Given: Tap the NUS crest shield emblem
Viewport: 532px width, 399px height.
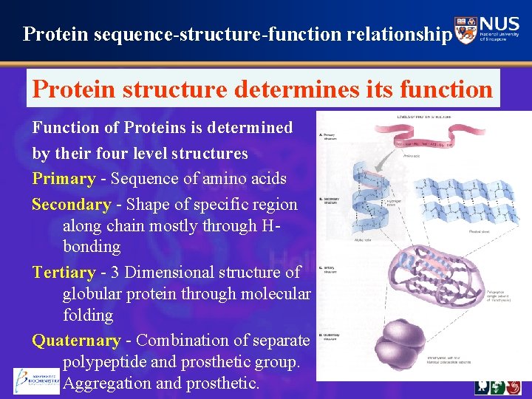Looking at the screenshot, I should (x=466, y=31).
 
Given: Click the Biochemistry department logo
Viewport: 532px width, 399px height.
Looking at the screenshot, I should (x=36, y=380).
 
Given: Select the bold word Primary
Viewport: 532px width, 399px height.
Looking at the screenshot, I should (x=64, y=179).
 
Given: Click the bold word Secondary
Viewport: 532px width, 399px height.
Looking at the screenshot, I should (x=71, y=205).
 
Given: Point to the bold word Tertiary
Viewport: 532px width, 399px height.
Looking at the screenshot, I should (x=64, y=273).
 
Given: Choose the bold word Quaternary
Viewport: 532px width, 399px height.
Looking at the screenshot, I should (x=76, y=341).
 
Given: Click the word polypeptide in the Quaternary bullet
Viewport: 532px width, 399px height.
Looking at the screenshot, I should (x=108, y=362).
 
